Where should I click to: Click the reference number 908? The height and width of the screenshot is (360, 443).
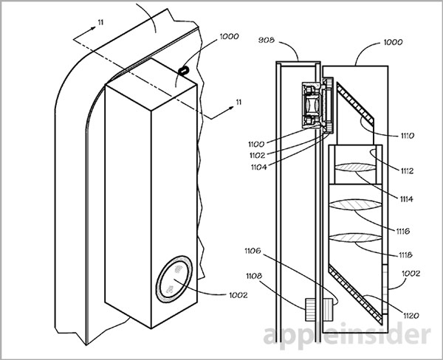pos(266,40)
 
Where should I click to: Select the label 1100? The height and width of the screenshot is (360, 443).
pos(256,145)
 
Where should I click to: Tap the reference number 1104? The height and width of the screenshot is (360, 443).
pos(259,167)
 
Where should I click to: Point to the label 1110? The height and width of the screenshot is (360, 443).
pos(407,136)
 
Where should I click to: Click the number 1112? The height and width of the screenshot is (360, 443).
pos(407,171)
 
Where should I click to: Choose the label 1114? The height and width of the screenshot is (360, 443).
pos(406,199)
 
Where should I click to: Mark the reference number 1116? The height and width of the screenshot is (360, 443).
pos(402,231)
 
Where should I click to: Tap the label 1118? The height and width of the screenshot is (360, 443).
pos(405,255)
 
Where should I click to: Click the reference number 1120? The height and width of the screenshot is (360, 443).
pos(411,316)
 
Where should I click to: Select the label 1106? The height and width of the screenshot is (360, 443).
pos(253,250)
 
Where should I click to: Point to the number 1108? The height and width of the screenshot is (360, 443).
pos(254,276)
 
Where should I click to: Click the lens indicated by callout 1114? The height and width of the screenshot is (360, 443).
pos(355,167)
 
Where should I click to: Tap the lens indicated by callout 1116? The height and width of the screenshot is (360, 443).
pos(355,204)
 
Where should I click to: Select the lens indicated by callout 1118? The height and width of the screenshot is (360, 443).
pos(355,238)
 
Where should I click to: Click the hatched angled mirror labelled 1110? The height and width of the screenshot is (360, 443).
pos(355,103)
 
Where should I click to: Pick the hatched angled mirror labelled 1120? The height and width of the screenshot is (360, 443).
pos(355,294)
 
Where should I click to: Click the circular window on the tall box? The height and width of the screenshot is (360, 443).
pos(174,280)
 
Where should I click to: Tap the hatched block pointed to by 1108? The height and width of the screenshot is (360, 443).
pos(310,310)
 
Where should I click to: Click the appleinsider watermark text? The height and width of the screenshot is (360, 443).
pos(347,336)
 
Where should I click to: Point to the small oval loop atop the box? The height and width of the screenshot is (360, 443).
pos(183,70)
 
